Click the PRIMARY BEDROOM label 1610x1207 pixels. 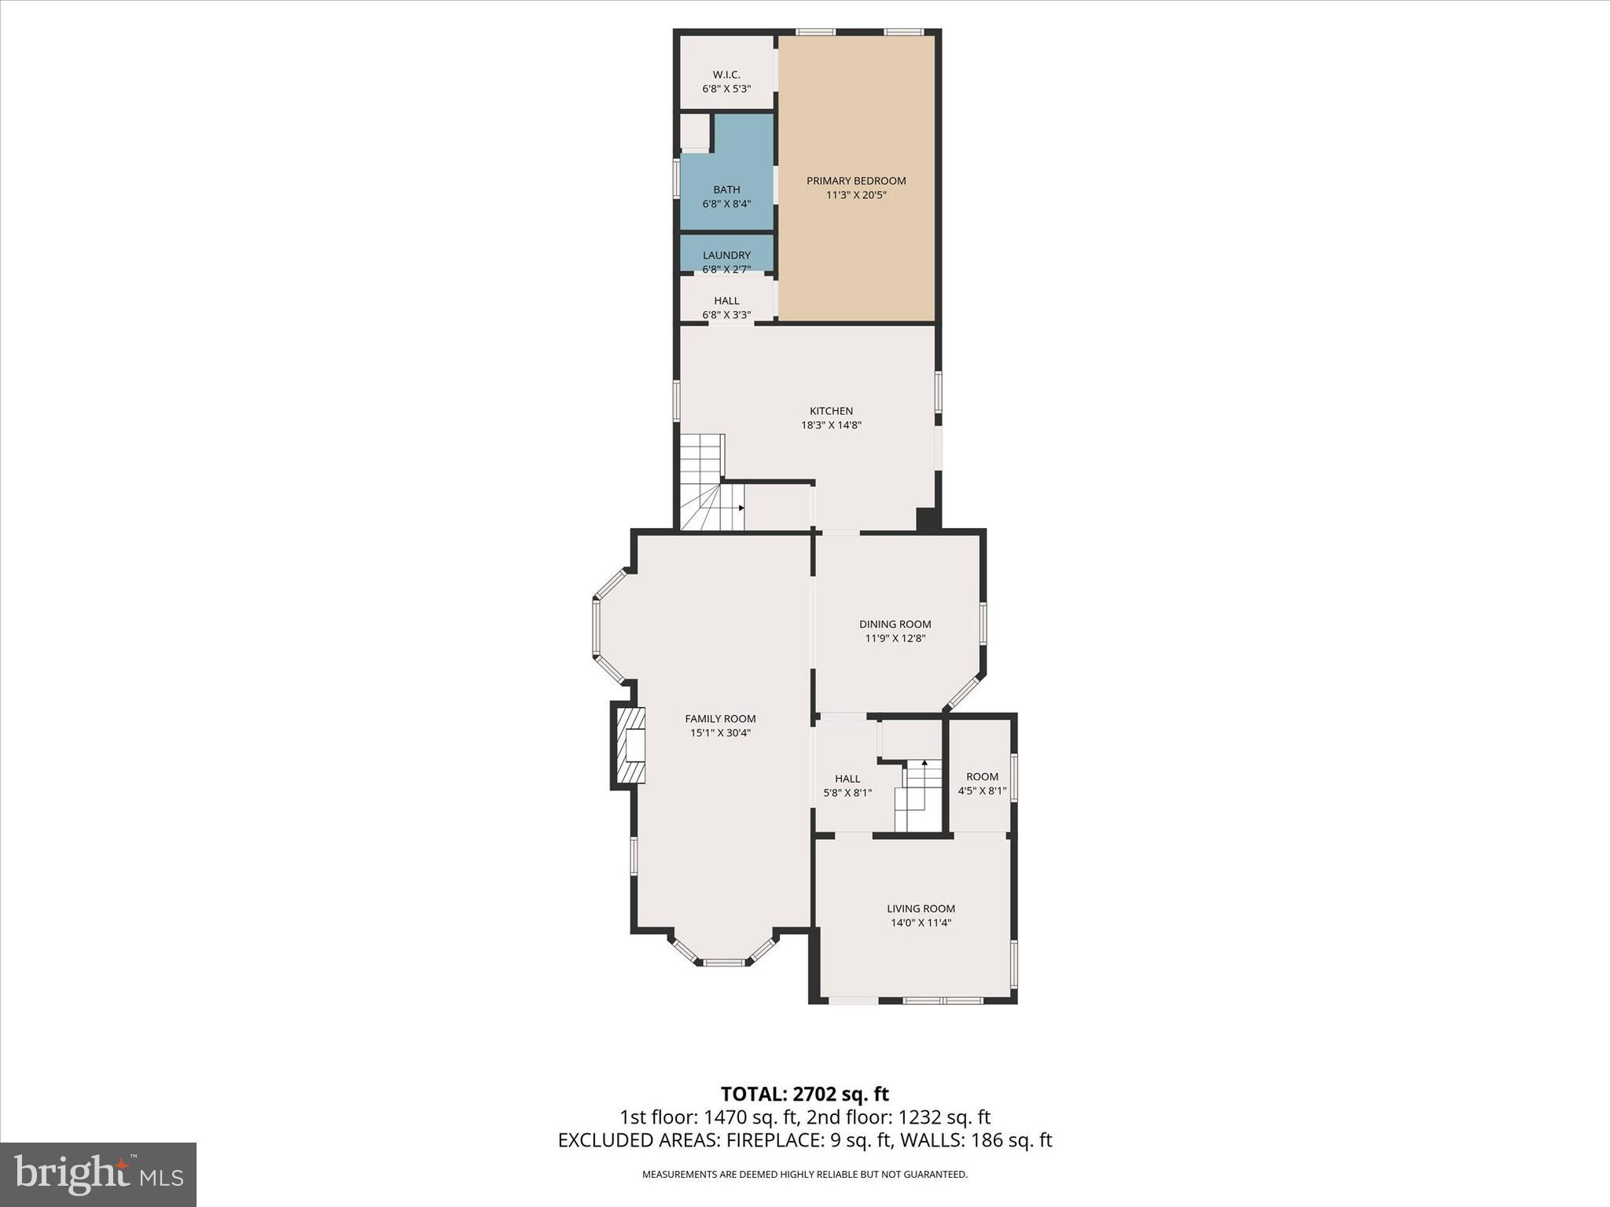point(855,181)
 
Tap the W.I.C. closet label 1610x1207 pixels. point(726,75)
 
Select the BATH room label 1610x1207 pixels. point(726,189)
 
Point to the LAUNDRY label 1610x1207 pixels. point(726,255)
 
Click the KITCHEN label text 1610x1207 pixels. point(831,411)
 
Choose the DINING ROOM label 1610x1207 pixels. point(895,624)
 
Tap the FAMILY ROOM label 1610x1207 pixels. point(719,718)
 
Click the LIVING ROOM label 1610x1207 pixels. point(921,908)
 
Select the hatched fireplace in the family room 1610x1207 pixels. point(630,745)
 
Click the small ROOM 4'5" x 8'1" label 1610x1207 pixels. point(981,776)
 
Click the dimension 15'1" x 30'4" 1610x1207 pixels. point(719,733)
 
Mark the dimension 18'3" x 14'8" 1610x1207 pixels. point(831,425)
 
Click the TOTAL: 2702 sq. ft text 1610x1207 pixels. point(804,1094)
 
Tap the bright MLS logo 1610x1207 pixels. point(98,1174)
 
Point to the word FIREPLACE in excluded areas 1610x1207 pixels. point(770,1140)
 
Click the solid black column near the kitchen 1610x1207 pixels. point(928,520)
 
